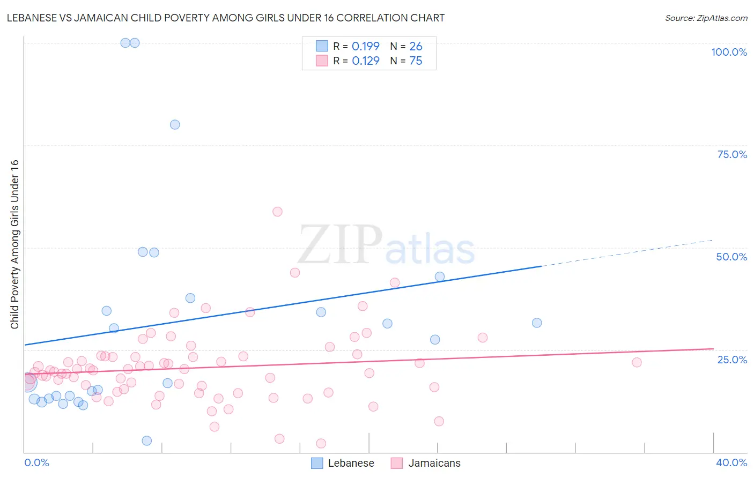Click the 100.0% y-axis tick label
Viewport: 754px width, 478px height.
[729, 52]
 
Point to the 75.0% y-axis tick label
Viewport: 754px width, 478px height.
[732, 154]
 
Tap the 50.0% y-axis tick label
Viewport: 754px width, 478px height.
[731, 257]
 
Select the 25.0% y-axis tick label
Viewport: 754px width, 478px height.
[732, 360]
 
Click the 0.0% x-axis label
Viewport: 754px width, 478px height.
[36, 462]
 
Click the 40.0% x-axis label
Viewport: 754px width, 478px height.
[731, 462]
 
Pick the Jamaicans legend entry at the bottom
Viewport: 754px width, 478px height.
[426, 463]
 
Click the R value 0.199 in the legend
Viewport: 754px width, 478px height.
[366, 46]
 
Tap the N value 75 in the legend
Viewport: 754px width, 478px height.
[416, 61]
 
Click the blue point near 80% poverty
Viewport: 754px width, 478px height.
[175, 124]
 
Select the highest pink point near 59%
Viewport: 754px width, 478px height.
[277, 212]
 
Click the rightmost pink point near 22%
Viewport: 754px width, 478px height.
[637, 362]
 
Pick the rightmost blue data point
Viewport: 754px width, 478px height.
[537, 323]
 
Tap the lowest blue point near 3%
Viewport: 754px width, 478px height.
[147, 440]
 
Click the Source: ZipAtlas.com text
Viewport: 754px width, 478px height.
[706, 18]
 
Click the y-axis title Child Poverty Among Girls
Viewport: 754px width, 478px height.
[14, 244]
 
